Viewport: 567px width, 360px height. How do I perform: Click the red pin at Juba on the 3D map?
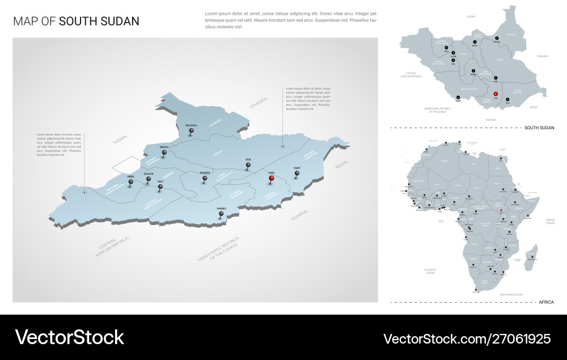click(x=272, y=179)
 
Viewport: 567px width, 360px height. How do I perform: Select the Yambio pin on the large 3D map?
click(x=221, y=214)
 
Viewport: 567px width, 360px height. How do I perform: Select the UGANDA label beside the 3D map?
click(x=298, y=215)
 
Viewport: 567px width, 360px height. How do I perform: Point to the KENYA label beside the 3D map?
click(x=341, y=165)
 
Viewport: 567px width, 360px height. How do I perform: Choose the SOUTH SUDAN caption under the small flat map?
click(x=539, y=128)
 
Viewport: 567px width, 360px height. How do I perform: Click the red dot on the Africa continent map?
click(x=501, y=210)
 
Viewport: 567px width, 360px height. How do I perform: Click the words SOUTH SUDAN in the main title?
click(x=99, y=22)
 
